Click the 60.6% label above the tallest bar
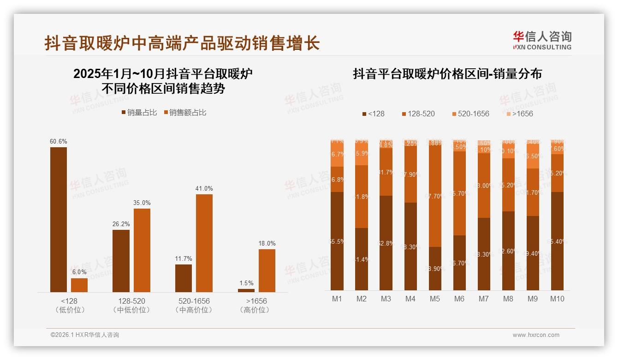[59, 141]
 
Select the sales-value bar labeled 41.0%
[204, 243]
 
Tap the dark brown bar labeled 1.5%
[246, 290]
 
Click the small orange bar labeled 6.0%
[79, 285]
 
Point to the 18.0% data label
[267, 243]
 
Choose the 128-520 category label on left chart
[131, 301]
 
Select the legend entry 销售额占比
[185, 112]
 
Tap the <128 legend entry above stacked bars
[373, 114]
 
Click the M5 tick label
[434, 299]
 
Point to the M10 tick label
[557, 299]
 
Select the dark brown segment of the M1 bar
[337, 241]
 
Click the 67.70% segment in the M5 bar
[435, 196]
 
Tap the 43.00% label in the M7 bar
[484, 186]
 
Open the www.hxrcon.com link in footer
[536, 335]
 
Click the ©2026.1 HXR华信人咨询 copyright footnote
[85, 335]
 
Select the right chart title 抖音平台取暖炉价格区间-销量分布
[447, 74]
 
